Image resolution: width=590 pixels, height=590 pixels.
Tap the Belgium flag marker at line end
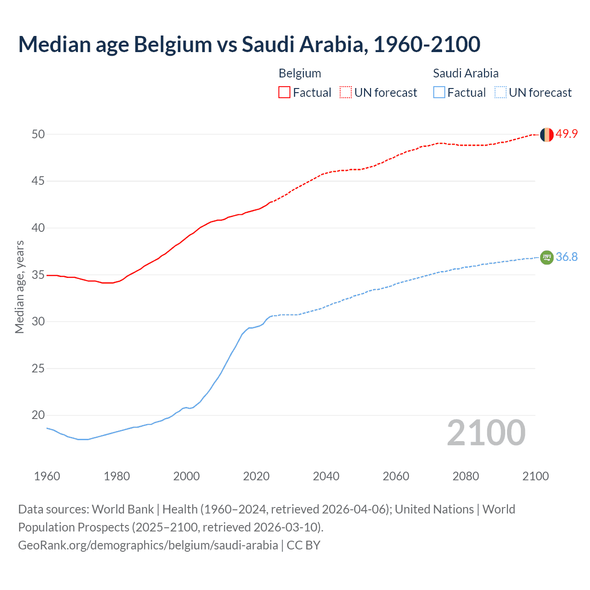547,135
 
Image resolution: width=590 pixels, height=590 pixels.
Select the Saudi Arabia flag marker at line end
547,257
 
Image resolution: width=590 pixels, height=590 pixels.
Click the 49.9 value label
566,134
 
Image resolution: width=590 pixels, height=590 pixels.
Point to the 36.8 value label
566,257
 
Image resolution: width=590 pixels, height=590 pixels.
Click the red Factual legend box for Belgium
284,92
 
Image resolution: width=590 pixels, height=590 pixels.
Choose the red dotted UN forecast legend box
346,92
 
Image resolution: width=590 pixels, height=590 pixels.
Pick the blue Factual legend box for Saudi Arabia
439,92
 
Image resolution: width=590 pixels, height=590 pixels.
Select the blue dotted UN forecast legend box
500,92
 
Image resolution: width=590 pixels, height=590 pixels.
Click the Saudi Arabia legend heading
466,73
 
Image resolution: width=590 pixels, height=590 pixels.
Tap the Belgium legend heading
300,73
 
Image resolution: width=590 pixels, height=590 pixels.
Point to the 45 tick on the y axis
38,181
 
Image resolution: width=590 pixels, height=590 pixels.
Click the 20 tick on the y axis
38,415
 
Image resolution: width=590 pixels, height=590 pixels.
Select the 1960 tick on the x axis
47,476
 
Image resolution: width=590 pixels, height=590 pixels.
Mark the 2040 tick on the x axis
326,476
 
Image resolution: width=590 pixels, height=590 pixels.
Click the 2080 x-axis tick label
466,476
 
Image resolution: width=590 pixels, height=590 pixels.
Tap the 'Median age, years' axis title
19,287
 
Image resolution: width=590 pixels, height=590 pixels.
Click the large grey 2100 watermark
486,433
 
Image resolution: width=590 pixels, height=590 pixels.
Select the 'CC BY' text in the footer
303,545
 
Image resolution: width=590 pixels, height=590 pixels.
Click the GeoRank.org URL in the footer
148,545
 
